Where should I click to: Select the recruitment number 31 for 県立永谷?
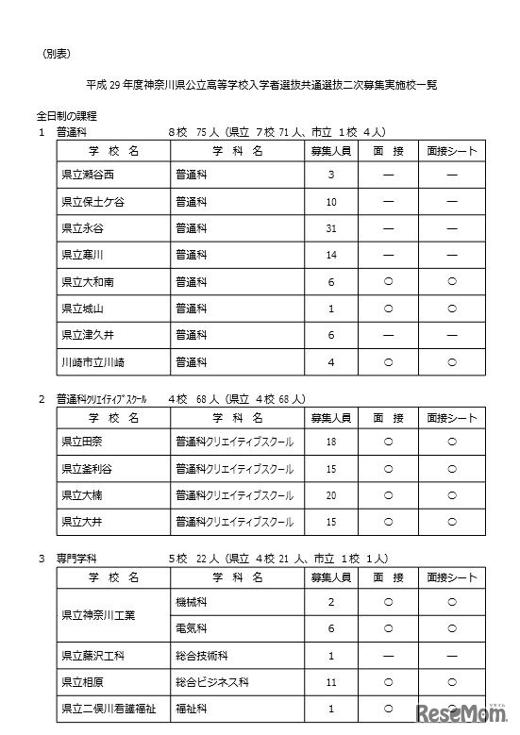(x=331, y=228)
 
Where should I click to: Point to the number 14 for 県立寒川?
(x=331, y=255)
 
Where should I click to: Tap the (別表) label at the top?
(x=56, y=55)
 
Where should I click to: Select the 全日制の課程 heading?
(x=67, y=116)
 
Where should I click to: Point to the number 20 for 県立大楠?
(x=331, y=493)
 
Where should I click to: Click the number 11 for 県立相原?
(x=331, y=681)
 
